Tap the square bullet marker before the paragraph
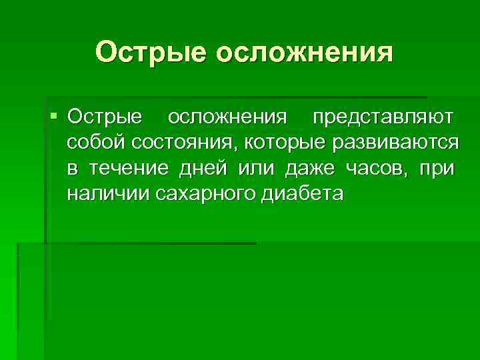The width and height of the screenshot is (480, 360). (54, 116)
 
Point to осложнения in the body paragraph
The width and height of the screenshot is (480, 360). (227, 117)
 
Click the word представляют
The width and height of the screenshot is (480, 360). (385, 117)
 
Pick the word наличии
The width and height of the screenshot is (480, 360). (107, 194)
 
